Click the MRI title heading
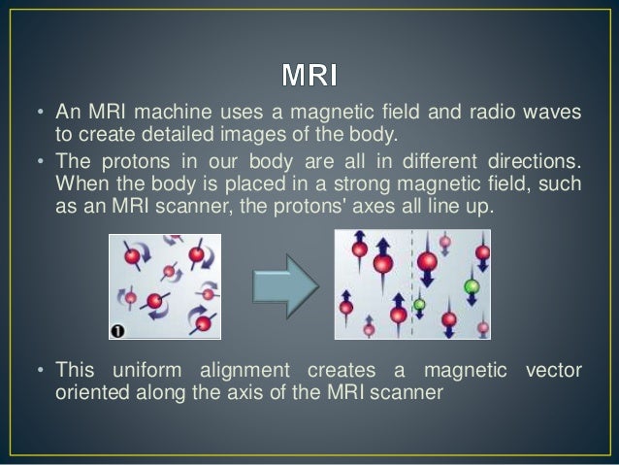pos(309,75)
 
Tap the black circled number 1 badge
pos(117,331)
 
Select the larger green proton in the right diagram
pos(472,286)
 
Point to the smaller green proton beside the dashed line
pos(420,305)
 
